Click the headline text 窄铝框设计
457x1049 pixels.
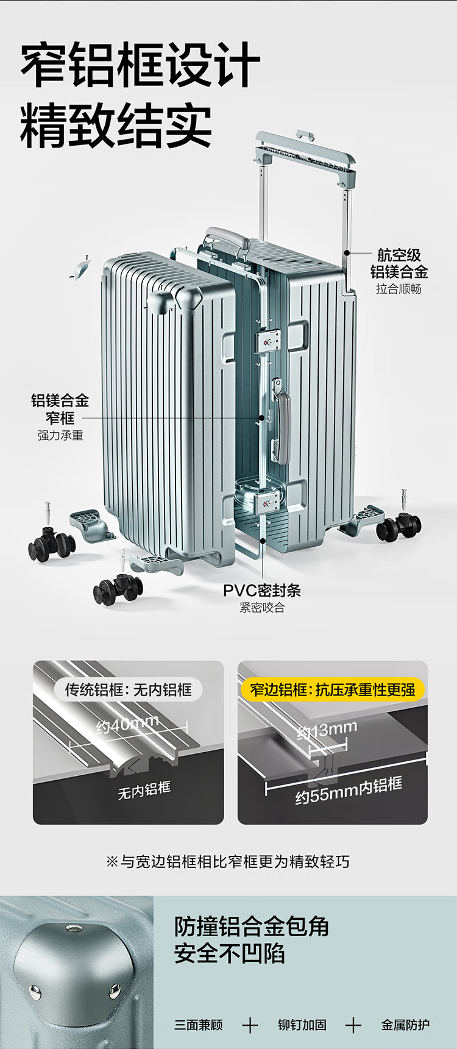pos(140,65)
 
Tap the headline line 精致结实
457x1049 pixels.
pos(116,126)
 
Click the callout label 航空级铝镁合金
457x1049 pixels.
pos(399,263)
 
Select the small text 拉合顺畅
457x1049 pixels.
pos(399,289)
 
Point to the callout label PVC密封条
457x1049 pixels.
pos(262,590)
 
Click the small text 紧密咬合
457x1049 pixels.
pos(262,608)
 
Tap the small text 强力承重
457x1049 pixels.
pos(60,435)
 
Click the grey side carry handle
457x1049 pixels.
pos(282,421)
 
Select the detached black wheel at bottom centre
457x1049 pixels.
pos(118,589)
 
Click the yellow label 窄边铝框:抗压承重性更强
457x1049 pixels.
pos(333,689)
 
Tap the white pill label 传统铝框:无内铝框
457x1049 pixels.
pos(129,689)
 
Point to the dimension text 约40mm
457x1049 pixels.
pos(127,725)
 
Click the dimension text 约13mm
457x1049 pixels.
pos(327,730)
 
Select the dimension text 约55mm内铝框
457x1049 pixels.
pos(349,791)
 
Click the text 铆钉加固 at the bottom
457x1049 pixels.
pos(302,1025)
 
